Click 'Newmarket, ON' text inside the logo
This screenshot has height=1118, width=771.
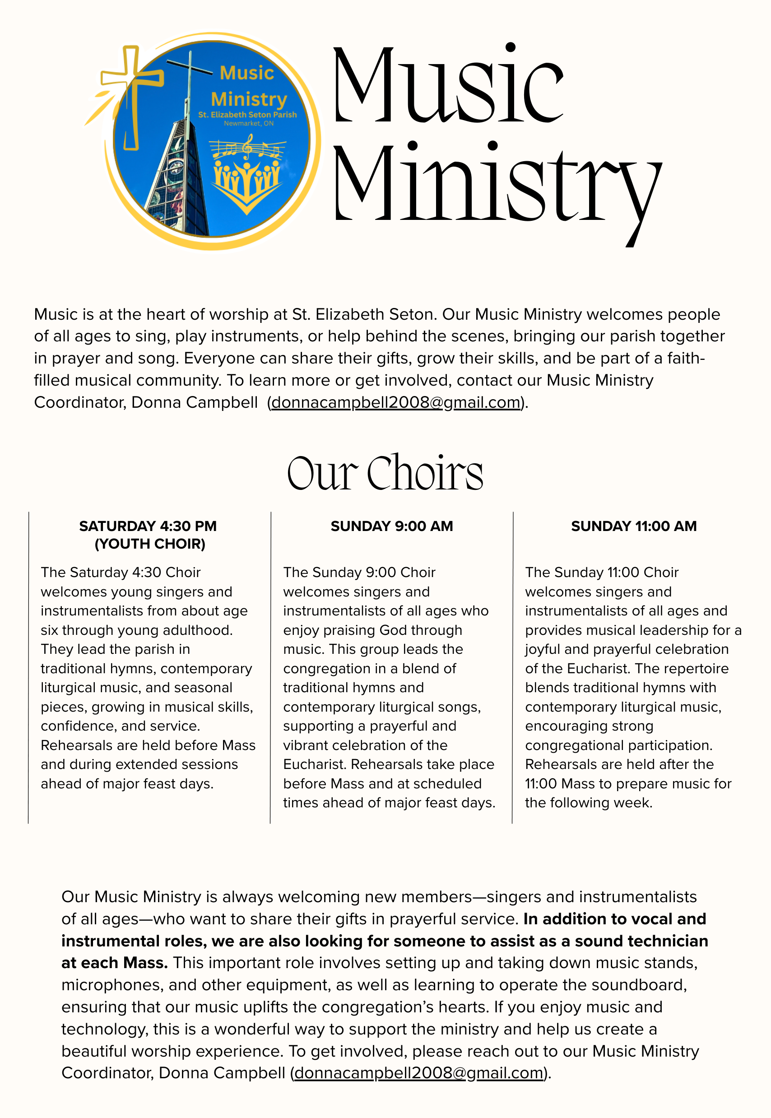248,124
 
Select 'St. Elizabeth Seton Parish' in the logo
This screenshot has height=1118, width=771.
247,115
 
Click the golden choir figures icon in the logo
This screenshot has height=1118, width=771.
247,184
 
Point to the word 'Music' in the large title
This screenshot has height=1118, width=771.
448,84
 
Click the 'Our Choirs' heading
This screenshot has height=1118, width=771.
385,474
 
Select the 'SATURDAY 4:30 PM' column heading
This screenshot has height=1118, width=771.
148,526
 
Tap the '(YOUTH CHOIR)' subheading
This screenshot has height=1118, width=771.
150,544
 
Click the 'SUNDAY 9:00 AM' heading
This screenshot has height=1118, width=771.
392,526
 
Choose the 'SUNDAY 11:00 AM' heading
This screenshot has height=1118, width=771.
634,526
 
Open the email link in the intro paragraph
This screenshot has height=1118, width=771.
395,402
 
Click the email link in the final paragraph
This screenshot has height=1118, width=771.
419,1073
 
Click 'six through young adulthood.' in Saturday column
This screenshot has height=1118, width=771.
137,630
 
